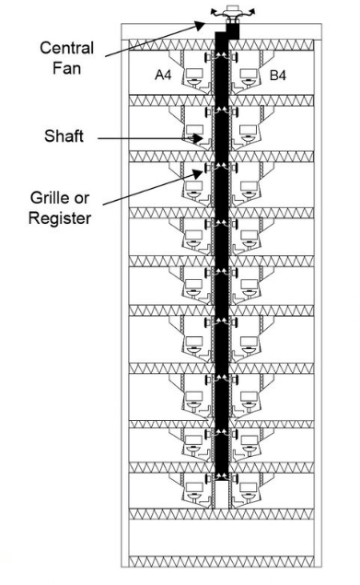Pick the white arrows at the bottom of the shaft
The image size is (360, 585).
tap(221, 475)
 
